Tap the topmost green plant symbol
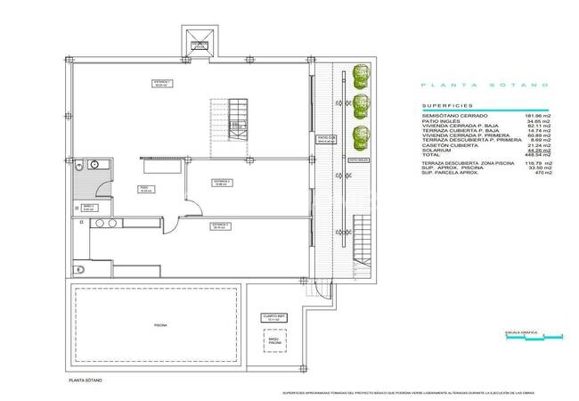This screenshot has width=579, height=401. click(x=360, y=75)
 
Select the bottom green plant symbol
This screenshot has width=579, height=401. click(x=360, y=137)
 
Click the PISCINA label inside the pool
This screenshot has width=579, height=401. click(x=159, y=326)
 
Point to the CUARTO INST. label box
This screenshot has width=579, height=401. click(x=273, y=317)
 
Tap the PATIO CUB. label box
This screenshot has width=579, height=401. click(x=326, y=139)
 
